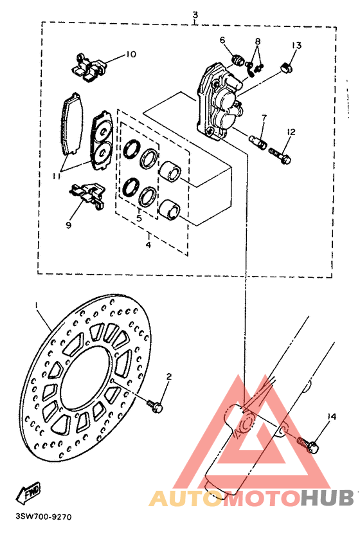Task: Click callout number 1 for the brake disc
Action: point(37,304)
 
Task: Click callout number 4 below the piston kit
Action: point(148,244)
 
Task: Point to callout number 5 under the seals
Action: point(139,218)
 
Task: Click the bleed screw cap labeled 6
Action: point(237,61)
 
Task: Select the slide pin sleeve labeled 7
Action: point(258,140)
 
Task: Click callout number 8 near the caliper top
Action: point(258,41)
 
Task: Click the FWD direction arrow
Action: point(28,492)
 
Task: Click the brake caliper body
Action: point(220,100)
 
